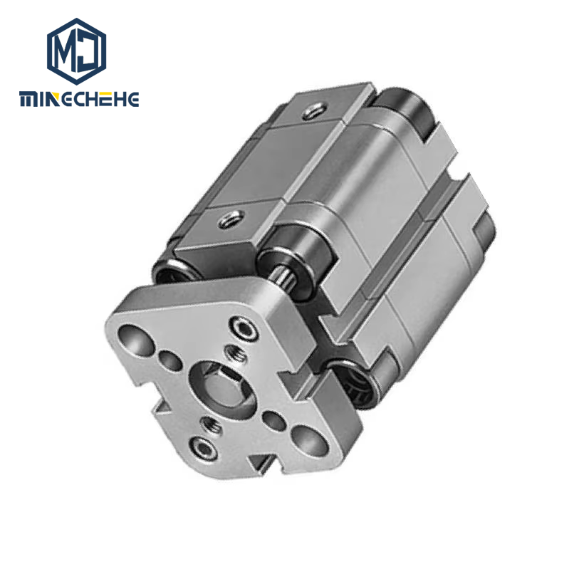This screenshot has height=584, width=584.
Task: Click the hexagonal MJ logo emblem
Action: [x=76, y=51]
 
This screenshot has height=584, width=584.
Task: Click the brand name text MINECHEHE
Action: [x=79, y=99]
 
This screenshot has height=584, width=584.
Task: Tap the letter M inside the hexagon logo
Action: [x=66, y=51]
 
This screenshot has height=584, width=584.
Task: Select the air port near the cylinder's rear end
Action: [x=315, y=110]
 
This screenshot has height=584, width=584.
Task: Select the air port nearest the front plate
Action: [x=231, y=219]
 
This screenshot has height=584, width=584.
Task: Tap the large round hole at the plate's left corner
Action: [x=135, y=338]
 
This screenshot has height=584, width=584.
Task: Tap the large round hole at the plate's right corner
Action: [x=310, y=439]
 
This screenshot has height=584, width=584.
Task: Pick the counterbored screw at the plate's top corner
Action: [x=244, y=328]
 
